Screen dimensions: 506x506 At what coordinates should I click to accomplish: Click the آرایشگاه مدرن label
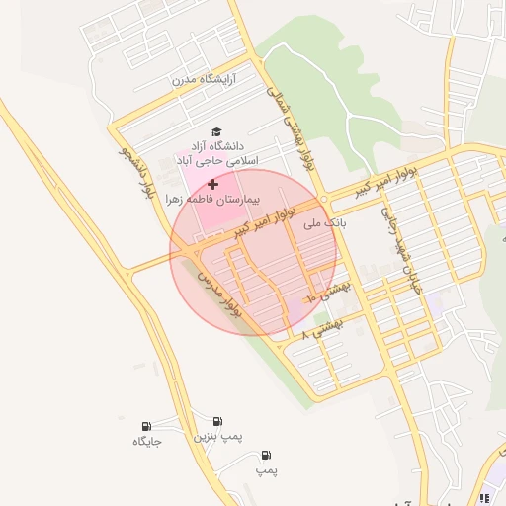(x=207, y=79)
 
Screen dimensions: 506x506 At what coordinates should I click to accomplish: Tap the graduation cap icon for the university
(x=216, y=132)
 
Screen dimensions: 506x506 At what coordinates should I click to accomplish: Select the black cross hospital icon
(x=212, y=184)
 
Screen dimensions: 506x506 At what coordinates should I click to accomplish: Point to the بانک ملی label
(x=326, y=224)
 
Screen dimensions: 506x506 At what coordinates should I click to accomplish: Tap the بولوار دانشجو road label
(x=137, y=174)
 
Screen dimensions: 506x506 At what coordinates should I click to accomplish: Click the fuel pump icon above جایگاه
(x=147, y=426)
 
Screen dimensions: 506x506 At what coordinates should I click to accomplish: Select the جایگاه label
(x=147, y=442)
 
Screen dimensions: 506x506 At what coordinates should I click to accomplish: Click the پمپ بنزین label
(x=217, y=435)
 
